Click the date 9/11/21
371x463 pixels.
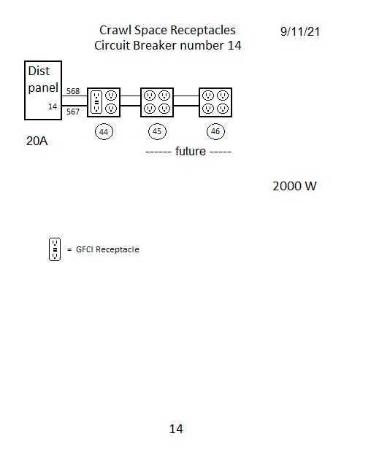tap(300, 31)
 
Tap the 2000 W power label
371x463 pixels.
tap(294, 187)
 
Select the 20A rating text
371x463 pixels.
tap(37, 141)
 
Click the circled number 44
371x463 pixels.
tap(104, 131)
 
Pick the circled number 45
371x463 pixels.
tap(157, 131)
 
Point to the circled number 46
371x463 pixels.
tap(215, 131)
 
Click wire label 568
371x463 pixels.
tap(73, 91)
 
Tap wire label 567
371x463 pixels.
tap(73, 112)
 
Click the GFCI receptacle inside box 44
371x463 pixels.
tap(96, 102)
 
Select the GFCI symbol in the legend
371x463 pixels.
tap(55, 249)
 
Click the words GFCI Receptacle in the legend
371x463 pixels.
tap(107, 249)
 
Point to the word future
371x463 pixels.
tap(190, 151)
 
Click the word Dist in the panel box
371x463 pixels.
tap(39, 71)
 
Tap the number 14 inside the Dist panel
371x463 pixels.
tap(53, 106)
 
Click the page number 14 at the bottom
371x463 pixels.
tap(176, 429)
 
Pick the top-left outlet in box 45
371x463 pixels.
tap(150, 96)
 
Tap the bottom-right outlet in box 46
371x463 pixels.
tap(223, 109)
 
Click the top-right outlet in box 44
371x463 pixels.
tap(111, 96)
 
